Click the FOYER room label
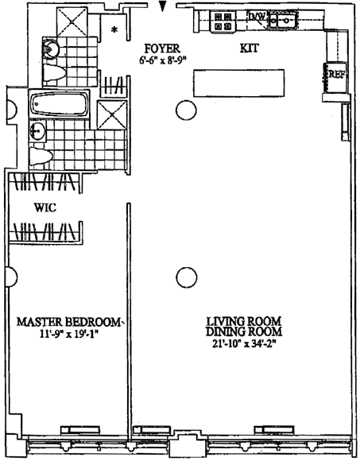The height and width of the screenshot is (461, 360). [x=162, y=48]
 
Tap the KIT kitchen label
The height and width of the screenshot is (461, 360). [x=250, y=48]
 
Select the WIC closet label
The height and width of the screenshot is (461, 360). [x=45, y=207]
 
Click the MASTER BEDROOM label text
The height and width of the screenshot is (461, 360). [x=68, y=322]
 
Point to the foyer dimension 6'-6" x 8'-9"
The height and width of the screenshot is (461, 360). [x=163, y=60]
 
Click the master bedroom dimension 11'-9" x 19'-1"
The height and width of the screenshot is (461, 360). [x=68, y=334]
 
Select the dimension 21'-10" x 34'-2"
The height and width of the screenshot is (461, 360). [x=244, y=343]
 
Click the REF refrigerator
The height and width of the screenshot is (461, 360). [x=335, y=78]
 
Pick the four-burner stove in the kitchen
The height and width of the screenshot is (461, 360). [x=223, y=21]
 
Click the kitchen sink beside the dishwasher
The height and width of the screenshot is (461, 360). [x=282, y=21]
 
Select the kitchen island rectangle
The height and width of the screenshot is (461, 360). [x=238, y=83]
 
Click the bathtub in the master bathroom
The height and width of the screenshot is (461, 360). [x=59, y=104]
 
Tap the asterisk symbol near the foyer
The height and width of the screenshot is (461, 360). [x=114, y=30]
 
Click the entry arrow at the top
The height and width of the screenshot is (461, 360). [x=162, y=6]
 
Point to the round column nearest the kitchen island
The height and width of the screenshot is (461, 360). [x=186, y=110]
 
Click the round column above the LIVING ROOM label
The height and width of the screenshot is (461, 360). [x=187, y=277]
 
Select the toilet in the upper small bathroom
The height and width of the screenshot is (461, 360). [x=55, y=72]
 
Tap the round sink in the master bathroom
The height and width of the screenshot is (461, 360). [x=37, y=131]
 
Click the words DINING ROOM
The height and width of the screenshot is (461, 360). [x=244, y=331]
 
